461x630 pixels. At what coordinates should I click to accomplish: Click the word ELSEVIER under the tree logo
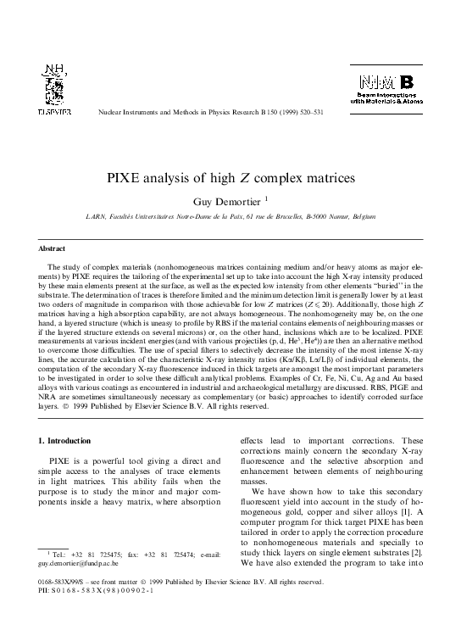click(54, 111)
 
